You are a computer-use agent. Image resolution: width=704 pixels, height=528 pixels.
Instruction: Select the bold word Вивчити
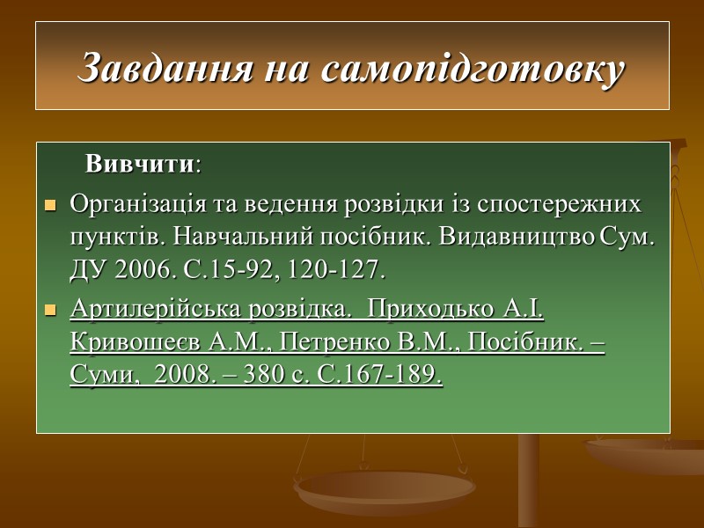tap(139, 165)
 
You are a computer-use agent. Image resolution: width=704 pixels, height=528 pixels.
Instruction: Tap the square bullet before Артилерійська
tap(50, 312)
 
